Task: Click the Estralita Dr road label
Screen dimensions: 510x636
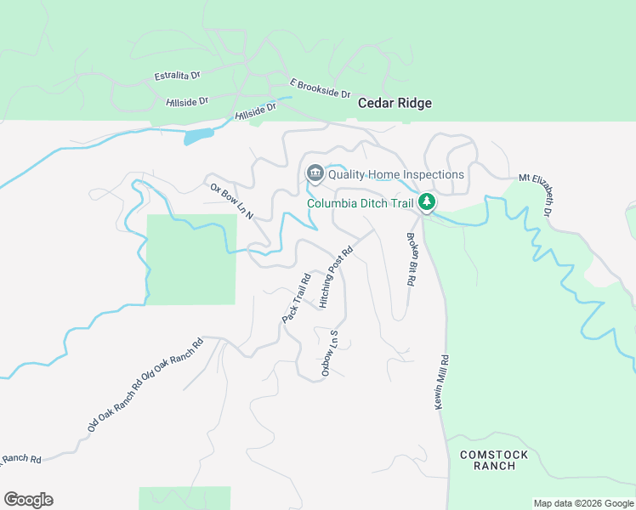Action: (x=177, y=76)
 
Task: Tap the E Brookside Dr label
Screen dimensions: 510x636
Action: (x=321, y=88)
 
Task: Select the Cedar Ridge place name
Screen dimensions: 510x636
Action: (x=395, y=103)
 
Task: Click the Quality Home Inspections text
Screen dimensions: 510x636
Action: (x=396, y=174)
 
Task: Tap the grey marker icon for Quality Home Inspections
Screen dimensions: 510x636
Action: (x=315, y=174)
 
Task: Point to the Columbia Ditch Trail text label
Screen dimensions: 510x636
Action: (x=361, y=203)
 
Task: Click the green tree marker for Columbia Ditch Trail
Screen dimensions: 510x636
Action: (x=427, y=202)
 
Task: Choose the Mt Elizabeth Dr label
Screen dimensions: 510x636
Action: (x=536, y=195)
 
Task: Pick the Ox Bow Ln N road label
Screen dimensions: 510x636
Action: (x=231, y=202)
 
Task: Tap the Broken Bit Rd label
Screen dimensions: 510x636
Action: (x=412, y=259)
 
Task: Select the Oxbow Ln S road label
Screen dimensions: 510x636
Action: (x=330, y=354)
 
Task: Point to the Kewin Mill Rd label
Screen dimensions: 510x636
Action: (x=443, y=383)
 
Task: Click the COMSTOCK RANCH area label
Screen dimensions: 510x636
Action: (x=494, y=460)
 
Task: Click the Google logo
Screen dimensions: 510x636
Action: (x=28, y=499)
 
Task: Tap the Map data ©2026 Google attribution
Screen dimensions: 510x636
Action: (x=583, y=503)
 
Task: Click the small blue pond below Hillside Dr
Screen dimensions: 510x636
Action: (x=197, y=135)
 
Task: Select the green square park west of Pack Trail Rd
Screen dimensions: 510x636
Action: (x=192, y=259)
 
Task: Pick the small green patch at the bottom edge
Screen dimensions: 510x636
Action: (x=185, y=498)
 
